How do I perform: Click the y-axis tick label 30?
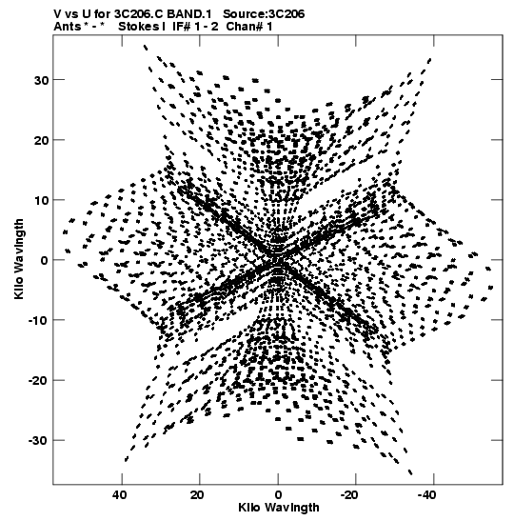click(41, 80)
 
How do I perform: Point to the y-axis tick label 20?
click(41, 141)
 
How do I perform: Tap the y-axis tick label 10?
click(41, 201)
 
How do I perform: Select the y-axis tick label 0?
click(45, 261)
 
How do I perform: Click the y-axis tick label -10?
click(39, 321)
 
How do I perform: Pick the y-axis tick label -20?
click(39, 381)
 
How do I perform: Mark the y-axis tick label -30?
click(39, 441)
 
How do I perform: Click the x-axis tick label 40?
click(120, 495)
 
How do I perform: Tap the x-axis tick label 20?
click(197, 495)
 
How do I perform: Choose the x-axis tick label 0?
click(278, 495)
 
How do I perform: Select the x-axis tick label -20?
click(349, 495)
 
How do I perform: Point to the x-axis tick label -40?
click(427, 495)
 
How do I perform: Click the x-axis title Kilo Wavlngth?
click(278, 508)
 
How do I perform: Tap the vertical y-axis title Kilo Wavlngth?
click(19, 259)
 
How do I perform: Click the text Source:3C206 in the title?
click(264, 14)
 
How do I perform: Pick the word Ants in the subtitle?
click(67, 27)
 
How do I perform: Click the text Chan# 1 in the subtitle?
click(249, 27)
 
